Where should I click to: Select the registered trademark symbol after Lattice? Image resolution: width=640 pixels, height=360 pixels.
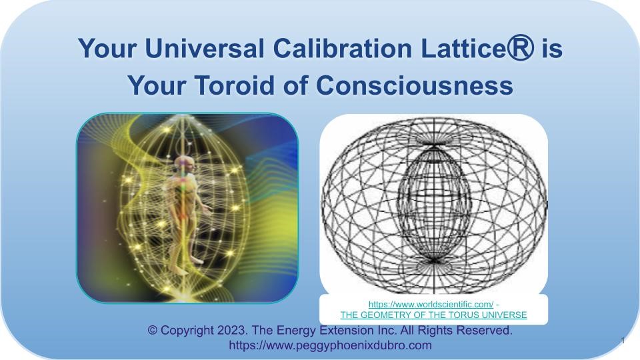click(x=520, y=47)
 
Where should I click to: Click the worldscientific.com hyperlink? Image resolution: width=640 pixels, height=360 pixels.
click(x=431, y=304)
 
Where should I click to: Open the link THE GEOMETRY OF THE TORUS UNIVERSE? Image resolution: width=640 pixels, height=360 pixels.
click(x=433, y=315)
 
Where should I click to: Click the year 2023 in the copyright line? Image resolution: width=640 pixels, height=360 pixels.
click(x=232, y=330)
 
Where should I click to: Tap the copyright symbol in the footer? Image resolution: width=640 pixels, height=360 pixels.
click(x=152, y=330)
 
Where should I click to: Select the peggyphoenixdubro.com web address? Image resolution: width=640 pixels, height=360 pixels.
click(x=330, y=345)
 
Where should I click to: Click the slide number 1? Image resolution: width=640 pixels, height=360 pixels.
click(x=623, y=341)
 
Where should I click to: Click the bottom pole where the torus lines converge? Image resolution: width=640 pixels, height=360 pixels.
click(x=433, y=261)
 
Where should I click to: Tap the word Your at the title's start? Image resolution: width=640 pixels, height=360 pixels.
click(x=107, y=48)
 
